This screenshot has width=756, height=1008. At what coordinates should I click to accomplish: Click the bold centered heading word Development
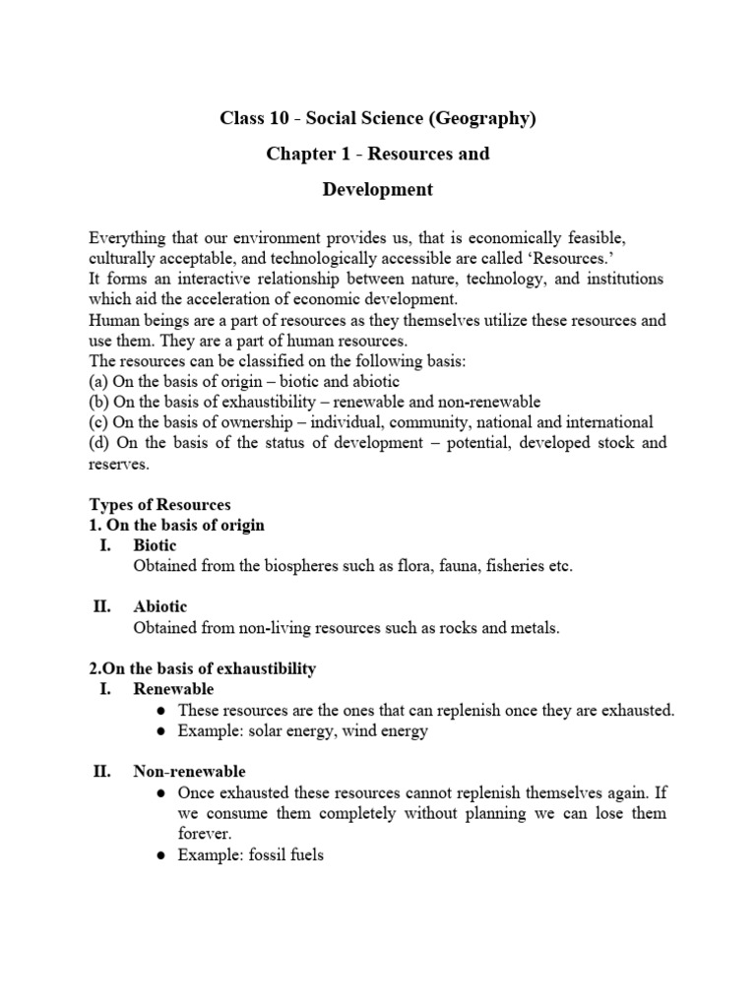tap(378, 189)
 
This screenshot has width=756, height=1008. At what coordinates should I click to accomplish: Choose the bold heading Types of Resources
tap(159, 505)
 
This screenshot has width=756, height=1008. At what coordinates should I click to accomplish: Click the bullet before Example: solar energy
tap(161, 730)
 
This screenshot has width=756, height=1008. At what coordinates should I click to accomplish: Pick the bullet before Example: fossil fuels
tap(161, 855)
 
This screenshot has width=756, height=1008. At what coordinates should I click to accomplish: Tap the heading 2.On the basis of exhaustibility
tap(203, 668)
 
